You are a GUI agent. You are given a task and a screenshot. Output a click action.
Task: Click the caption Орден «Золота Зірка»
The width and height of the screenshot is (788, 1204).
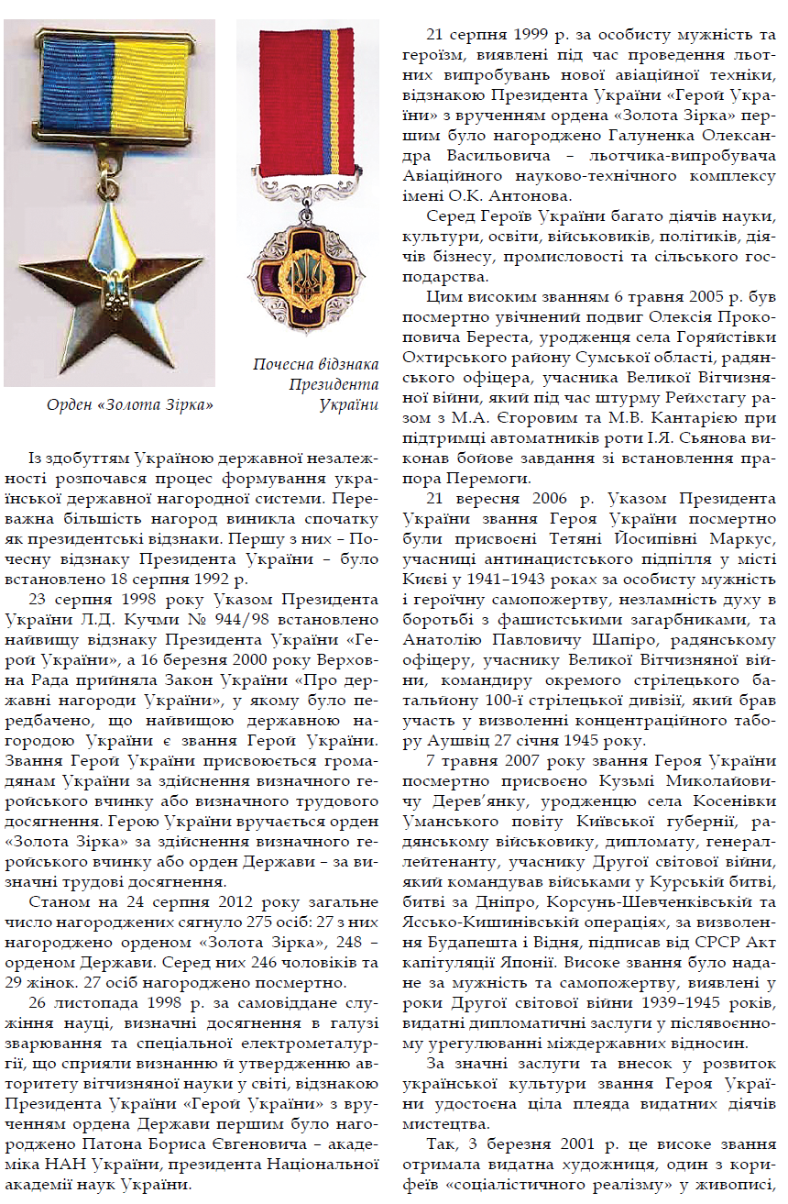click(x=130, y=404)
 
